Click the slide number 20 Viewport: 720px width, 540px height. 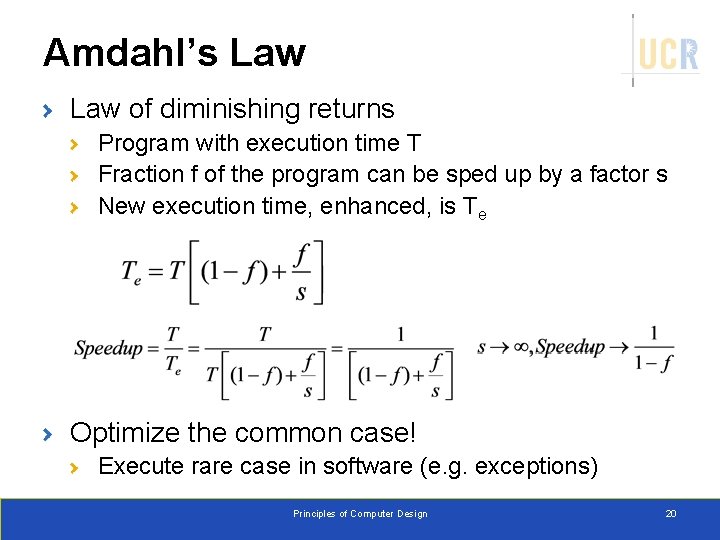pos(671,514)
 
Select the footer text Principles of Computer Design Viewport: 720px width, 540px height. pos(360,514)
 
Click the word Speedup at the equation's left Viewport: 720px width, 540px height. pos(108,348)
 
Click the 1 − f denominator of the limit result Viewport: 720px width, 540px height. pos(653,363)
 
